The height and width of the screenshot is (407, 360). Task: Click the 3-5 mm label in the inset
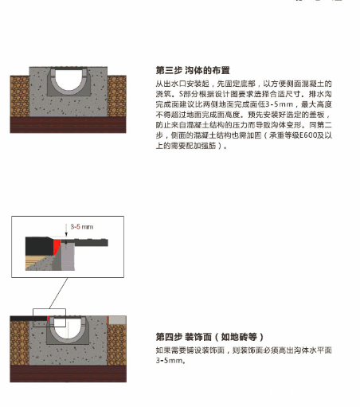click(82, 227)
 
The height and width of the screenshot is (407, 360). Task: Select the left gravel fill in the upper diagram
click(20, 100)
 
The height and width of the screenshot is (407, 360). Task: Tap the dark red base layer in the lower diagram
click(68, 373)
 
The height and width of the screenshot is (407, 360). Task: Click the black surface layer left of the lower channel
click(24, 319)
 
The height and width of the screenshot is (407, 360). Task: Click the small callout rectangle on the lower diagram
click(47, 315)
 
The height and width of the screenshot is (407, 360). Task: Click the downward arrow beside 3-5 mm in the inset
click(66, 233)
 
